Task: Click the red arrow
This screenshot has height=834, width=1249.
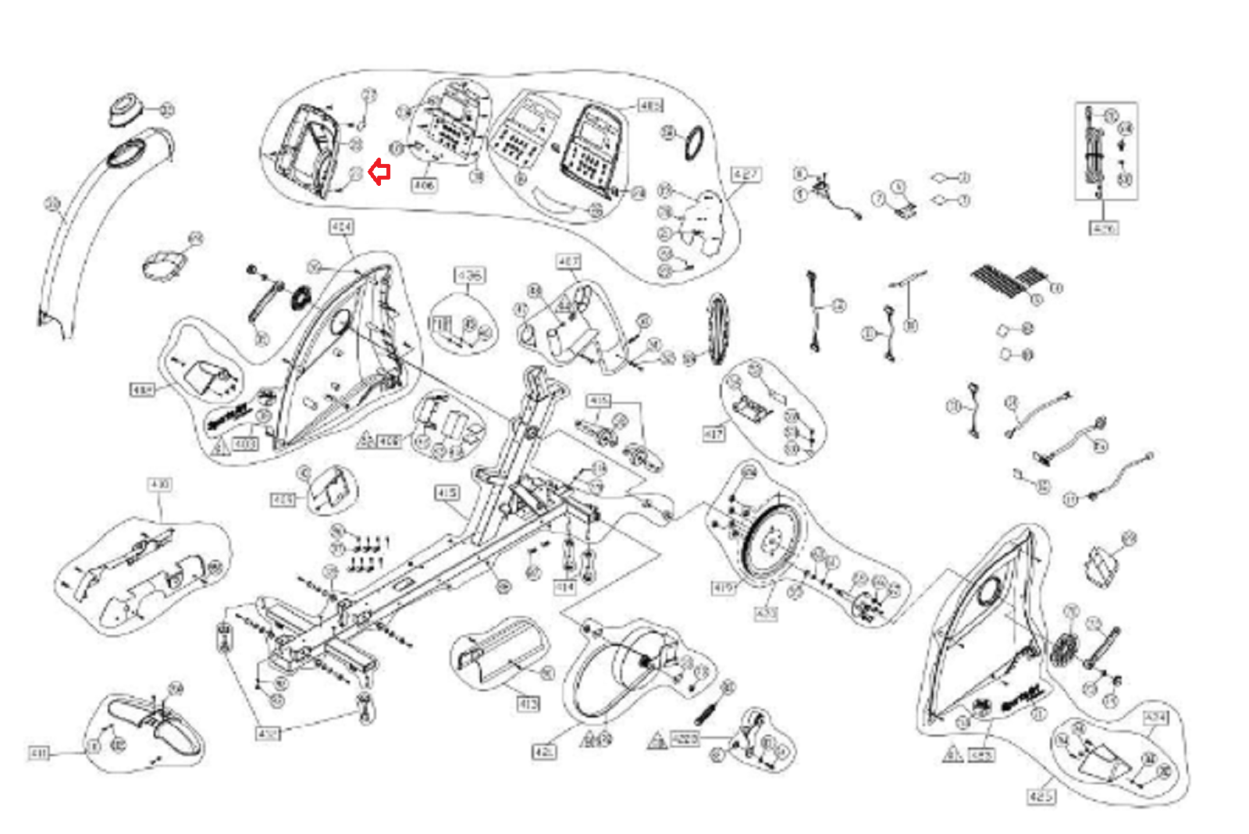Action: tap(379, 172)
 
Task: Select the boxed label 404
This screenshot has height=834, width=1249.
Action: tap(341, 227)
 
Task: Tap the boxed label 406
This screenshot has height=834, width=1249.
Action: tap(424, 185)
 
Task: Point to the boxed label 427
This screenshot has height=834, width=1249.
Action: tap(745, 174)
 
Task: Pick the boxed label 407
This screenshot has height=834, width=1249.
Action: tap(568, 261)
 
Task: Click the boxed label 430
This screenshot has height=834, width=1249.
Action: tap(159, 485)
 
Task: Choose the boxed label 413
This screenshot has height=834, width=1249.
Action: tap(528, 704)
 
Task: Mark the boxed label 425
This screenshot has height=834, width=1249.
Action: tap(1041, 797)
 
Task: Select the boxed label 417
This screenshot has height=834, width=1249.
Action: tap(714, 433)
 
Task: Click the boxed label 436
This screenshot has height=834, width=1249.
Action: tap(469, 276)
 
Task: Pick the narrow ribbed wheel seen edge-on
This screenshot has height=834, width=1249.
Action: tap(717, 328)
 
